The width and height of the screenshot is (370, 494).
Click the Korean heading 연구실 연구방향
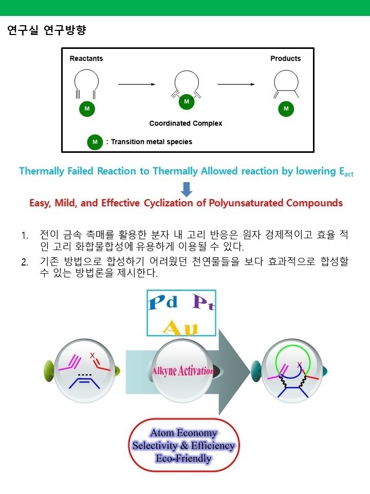pos(47,30)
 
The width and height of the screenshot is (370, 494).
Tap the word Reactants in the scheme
pos(86,59)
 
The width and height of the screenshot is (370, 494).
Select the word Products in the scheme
pos(285,59)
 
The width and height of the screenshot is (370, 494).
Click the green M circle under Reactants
pos(87,109)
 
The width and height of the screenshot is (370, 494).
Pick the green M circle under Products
pos(286,109)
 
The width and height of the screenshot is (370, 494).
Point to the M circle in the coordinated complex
pos(187,101)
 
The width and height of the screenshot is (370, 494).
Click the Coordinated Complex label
pos(186,123)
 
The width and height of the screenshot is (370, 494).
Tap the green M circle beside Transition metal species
pos(95,142)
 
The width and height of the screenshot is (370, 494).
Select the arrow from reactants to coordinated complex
pos(137,84)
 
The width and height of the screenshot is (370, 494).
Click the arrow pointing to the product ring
pos(236,84)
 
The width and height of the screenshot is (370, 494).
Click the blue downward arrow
pos(187,189)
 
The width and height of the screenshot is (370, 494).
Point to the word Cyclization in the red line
pos(169,203)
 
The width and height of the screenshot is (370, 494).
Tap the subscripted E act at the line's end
pos(346,172)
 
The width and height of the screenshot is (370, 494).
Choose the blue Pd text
pos(163,303)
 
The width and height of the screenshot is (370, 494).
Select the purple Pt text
pos(203,303)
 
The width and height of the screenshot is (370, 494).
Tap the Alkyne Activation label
pos(183,371)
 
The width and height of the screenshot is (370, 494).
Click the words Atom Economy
pos(184,433)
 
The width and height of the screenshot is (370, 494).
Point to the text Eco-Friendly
pos(183,458)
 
